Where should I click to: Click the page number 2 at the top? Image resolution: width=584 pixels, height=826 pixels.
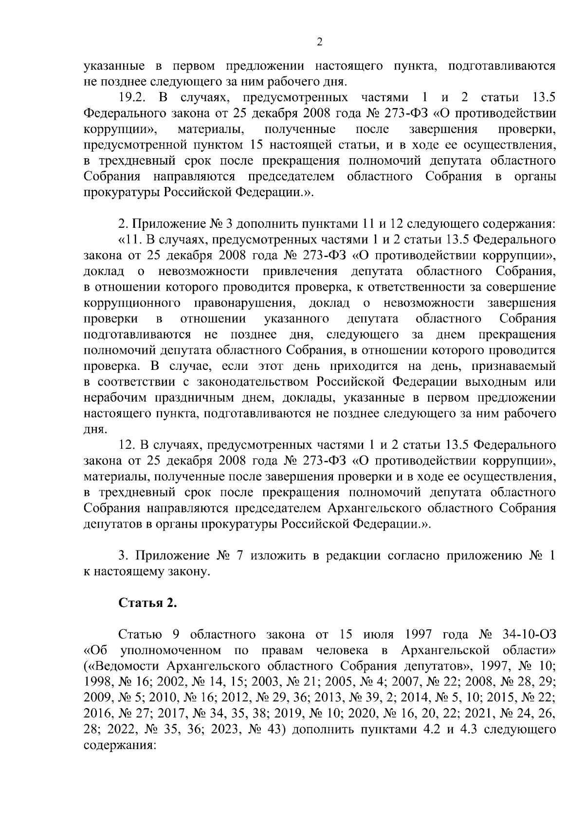(x=319, y=42)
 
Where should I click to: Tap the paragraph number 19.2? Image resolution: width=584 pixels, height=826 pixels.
(x=133, y=97)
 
